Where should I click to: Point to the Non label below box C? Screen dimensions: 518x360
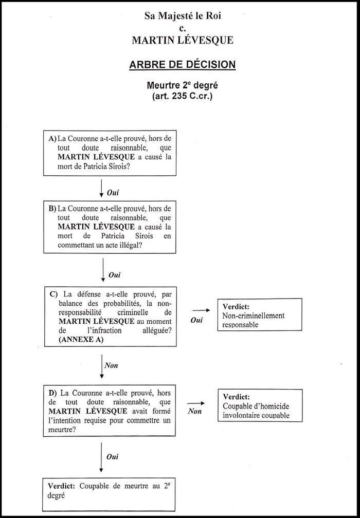pyautogui.click(x=111, y=365)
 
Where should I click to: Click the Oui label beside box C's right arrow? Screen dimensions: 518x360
pyautogui.click(x=196, y=320)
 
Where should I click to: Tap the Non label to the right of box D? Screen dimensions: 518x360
pyautogui.click(x=195, y=411)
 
